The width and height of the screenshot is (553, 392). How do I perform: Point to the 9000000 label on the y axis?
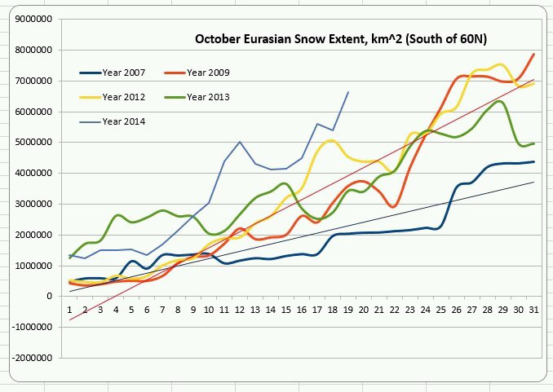pos(38,20)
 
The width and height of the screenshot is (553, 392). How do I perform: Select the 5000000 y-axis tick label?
pos(38,143)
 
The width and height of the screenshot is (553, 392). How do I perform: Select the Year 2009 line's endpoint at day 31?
pos(533,54)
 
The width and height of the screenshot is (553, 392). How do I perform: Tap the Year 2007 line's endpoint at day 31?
pos(533,161)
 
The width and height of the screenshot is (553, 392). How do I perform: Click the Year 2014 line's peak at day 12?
pos(240,142)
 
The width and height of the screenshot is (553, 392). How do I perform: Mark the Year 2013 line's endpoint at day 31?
pos(533,143)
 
